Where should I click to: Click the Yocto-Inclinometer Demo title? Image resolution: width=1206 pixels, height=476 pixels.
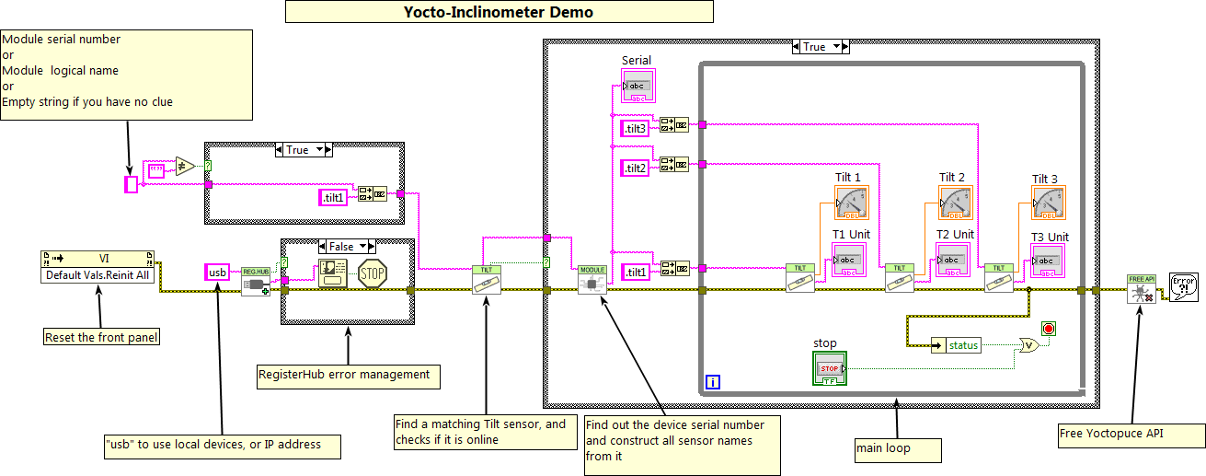pos(499,12)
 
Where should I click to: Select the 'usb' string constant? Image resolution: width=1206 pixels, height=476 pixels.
pos(217,273)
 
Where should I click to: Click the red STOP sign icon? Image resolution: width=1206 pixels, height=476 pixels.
pos(372,273)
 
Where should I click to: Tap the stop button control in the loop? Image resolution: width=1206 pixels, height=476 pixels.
pos(829,367)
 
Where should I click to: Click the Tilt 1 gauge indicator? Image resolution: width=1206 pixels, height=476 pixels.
pos(851,203)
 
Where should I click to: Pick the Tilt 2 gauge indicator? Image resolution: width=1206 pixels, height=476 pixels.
pos(955,203)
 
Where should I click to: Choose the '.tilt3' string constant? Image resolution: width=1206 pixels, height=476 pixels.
pos(637,129)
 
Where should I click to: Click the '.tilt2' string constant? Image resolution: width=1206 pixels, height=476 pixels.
pos(637,168)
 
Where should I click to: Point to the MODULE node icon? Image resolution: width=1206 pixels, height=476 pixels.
pos(592,280)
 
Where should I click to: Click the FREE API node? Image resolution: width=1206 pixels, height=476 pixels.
pos(1142,289)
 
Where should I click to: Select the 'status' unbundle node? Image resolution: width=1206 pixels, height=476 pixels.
pos(957,345)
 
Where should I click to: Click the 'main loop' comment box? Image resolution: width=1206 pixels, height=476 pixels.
pos(897,450)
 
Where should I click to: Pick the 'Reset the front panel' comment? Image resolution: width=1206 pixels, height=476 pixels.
pos(101,337)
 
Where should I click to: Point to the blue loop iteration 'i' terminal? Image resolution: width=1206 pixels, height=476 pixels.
pos(713,381)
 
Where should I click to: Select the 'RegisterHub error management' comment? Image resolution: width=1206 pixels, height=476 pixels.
pos(348,375)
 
